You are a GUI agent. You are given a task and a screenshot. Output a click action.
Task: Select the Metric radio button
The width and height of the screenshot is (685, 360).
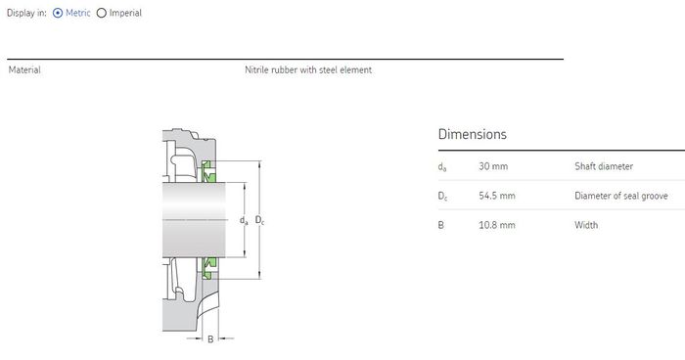[58, 13]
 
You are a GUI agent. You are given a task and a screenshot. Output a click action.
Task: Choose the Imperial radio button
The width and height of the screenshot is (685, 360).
[102, 13]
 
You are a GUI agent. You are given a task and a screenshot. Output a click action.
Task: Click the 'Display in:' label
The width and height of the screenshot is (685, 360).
[26, 13]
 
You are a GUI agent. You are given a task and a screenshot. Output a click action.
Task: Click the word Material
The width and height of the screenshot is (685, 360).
[24, 69]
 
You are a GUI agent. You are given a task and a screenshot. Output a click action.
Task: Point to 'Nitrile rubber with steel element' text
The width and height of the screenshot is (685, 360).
[308, 69]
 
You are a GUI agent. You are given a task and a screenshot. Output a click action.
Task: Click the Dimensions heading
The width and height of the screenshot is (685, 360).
[473, 134]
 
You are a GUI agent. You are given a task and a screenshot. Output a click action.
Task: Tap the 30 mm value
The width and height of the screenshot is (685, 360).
[493, 166]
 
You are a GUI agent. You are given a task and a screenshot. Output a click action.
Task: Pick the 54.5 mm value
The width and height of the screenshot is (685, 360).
[497, 196]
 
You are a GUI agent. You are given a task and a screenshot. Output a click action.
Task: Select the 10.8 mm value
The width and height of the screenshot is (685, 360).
[497, 225]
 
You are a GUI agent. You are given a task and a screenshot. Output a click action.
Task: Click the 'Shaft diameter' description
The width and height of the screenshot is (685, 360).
[604, 166]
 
